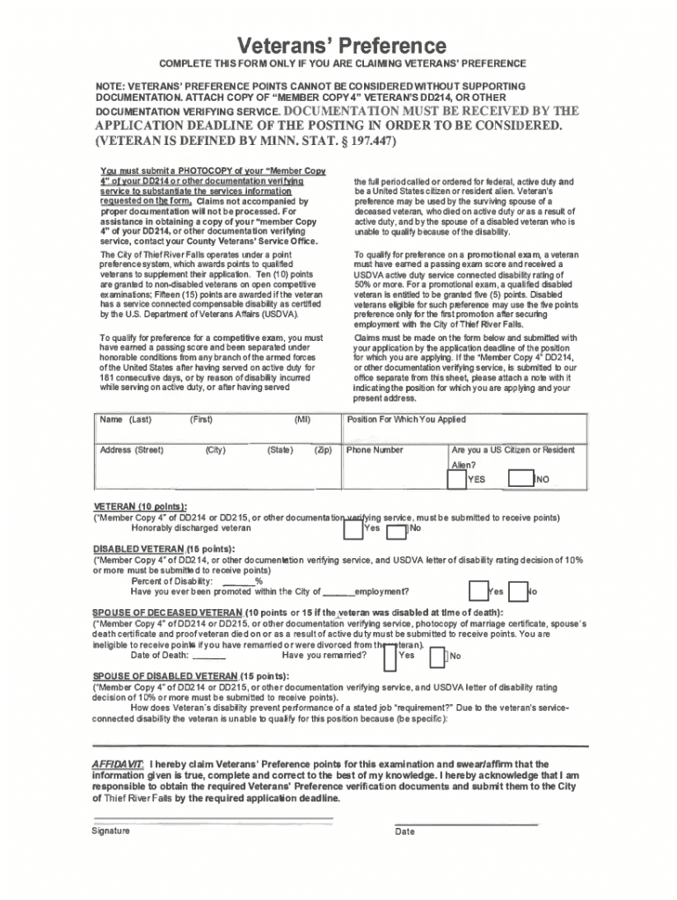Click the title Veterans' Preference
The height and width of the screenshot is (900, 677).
338,45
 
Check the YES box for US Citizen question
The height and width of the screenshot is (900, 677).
456,479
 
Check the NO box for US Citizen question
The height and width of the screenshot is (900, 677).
524,479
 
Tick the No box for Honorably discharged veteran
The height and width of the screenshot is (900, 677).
397,531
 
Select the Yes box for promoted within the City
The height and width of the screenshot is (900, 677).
477,592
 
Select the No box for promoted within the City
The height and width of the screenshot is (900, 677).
517,592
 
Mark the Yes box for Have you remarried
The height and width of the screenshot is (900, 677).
389,656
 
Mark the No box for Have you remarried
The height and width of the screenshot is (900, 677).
442,656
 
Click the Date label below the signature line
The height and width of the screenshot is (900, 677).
404,831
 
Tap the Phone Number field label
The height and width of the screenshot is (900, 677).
375,450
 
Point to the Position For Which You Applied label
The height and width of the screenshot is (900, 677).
406,420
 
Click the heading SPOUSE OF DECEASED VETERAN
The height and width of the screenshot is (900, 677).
167,613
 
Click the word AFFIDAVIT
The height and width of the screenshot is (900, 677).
119,764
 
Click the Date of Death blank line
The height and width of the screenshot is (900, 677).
208,656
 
